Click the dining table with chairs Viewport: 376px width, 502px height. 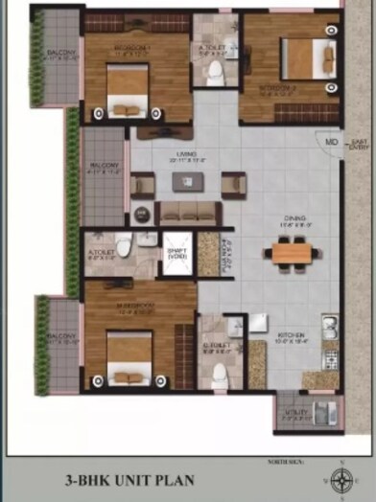[x=291, y=253]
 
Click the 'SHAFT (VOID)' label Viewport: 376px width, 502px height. [x=177, y=255]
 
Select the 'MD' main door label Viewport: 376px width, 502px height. [x=331, y=143]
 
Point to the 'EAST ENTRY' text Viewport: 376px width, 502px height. [x=360, y=145]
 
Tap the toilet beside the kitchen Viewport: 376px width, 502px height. [x=219, y=371]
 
